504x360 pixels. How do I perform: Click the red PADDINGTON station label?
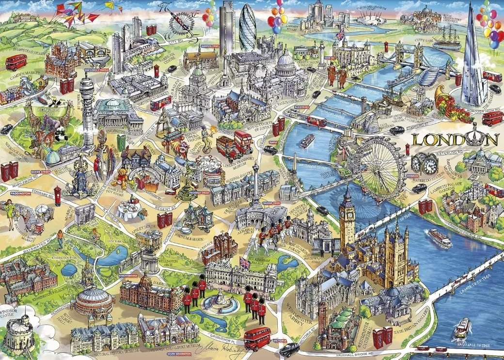[x=20, y=193]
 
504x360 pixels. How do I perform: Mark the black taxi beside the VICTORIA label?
[x=289, y=348]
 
